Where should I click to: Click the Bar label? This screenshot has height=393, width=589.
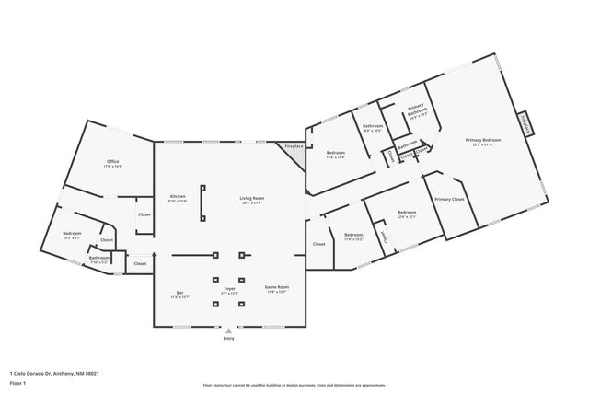[179, 295]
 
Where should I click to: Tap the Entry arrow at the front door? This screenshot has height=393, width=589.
[228, 331]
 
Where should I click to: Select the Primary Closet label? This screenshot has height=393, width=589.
[449, 199]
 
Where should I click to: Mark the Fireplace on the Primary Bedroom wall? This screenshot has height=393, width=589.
[525, 123]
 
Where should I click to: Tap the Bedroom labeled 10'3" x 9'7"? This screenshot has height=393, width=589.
[73, 235]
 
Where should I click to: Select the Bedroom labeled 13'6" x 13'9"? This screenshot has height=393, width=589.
[335, 155]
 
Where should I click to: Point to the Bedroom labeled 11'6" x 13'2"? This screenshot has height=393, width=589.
[353, 236]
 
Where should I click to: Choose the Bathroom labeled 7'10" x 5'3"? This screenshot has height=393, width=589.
[99, 260]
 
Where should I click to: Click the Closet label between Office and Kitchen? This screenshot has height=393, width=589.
[144, 214]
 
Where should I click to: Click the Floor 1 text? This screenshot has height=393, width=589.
[17, 383]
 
